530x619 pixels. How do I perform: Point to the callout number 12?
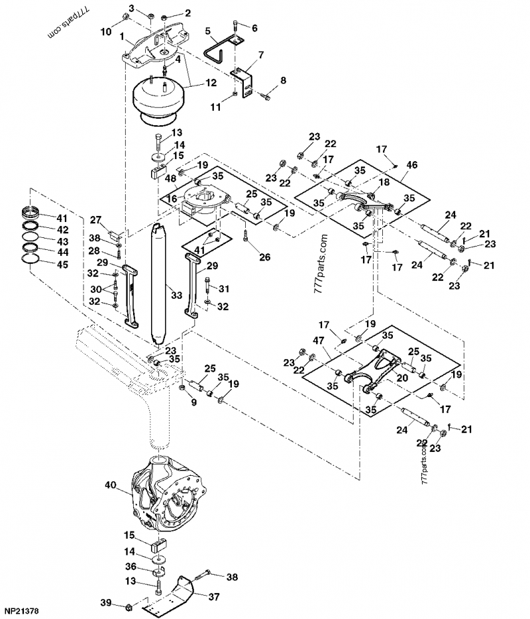point(211,83)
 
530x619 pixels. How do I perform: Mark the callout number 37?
point(214,596)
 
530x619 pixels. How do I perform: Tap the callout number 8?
point(283,80)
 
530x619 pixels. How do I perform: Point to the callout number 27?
point(95,220)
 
